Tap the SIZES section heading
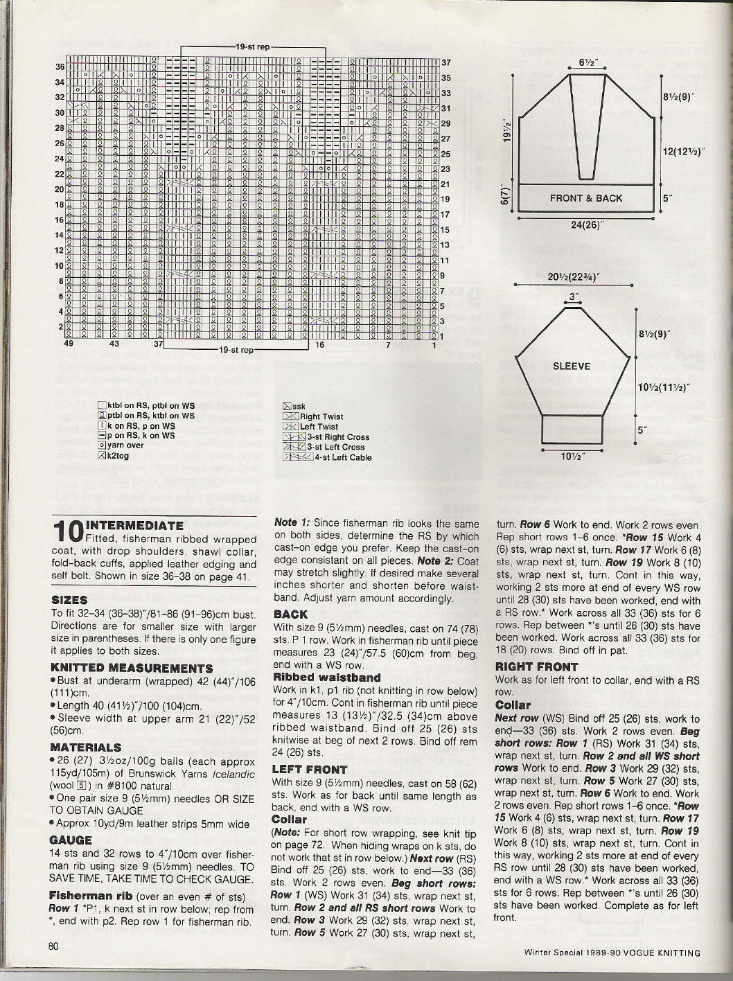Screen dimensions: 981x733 tap(69, 600)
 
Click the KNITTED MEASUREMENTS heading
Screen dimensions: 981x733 tap(132, 668)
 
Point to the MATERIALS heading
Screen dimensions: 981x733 tap(85, 748)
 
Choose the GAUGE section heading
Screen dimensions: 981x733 tap(71, 840)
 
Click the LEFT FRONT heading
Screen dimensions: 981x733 tap(310, 769)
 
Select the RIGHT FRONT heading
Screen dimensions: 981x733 tap(536, 666)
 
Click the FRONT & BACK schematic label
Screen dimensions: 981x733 tap(585, 198)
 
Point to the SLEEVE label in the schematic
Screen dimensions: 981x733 tap(572, 366)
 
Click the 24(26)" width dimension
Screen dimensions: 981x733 tap(585, 224)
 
